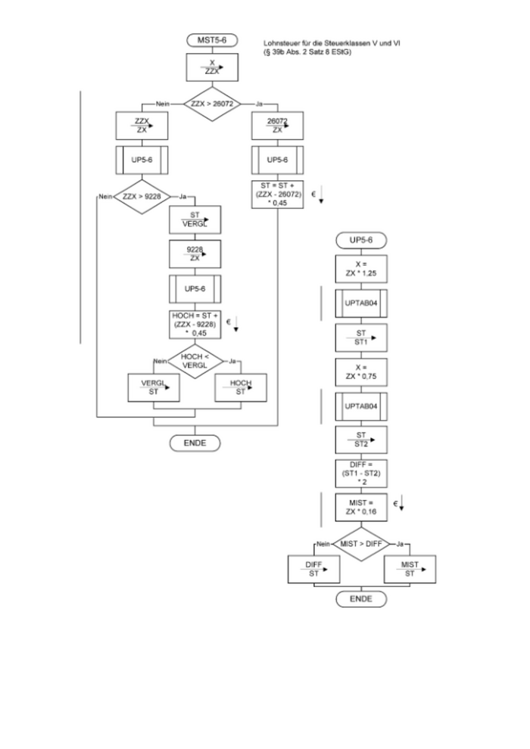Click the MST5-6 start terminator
(212, 39)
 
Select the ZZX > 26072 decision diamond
(212, 102)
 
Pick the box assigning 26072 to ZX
(277, 126)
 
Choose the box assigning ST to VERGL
(195, 219)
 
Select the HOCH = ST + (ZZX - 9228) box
(195, 323)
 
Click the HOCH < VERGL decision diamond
(195, 361)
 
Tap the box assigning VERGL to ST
(154, 388)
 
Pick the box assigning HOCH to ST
(241, 388)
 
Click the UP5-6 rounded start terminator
(360, 241)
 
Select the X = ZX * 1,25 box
(360, 269)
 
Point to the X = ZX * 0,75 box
(360, 371)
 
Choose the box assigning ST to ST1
(360, 337)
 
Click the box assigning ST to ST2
(360, 440)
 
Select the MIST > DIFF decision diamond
(360, 542)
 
